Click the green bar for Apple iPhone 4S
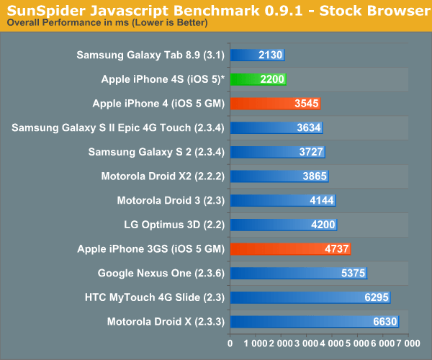[258, 79]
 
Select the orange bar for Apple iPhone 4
[275, 104]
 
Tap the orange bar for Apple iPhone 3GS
[290, 249]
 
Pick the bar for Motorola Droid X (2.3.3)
[314, 322]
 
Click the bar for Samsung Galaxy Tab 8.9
[257, 55]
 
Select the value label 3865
[312, 176]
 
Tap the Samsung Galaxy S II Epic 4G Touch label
[119, 128]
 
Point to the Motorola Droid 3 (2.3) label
[171, 201]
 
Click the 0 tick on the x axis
[230, 344]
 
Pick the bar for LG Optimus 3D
[283, 225]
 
